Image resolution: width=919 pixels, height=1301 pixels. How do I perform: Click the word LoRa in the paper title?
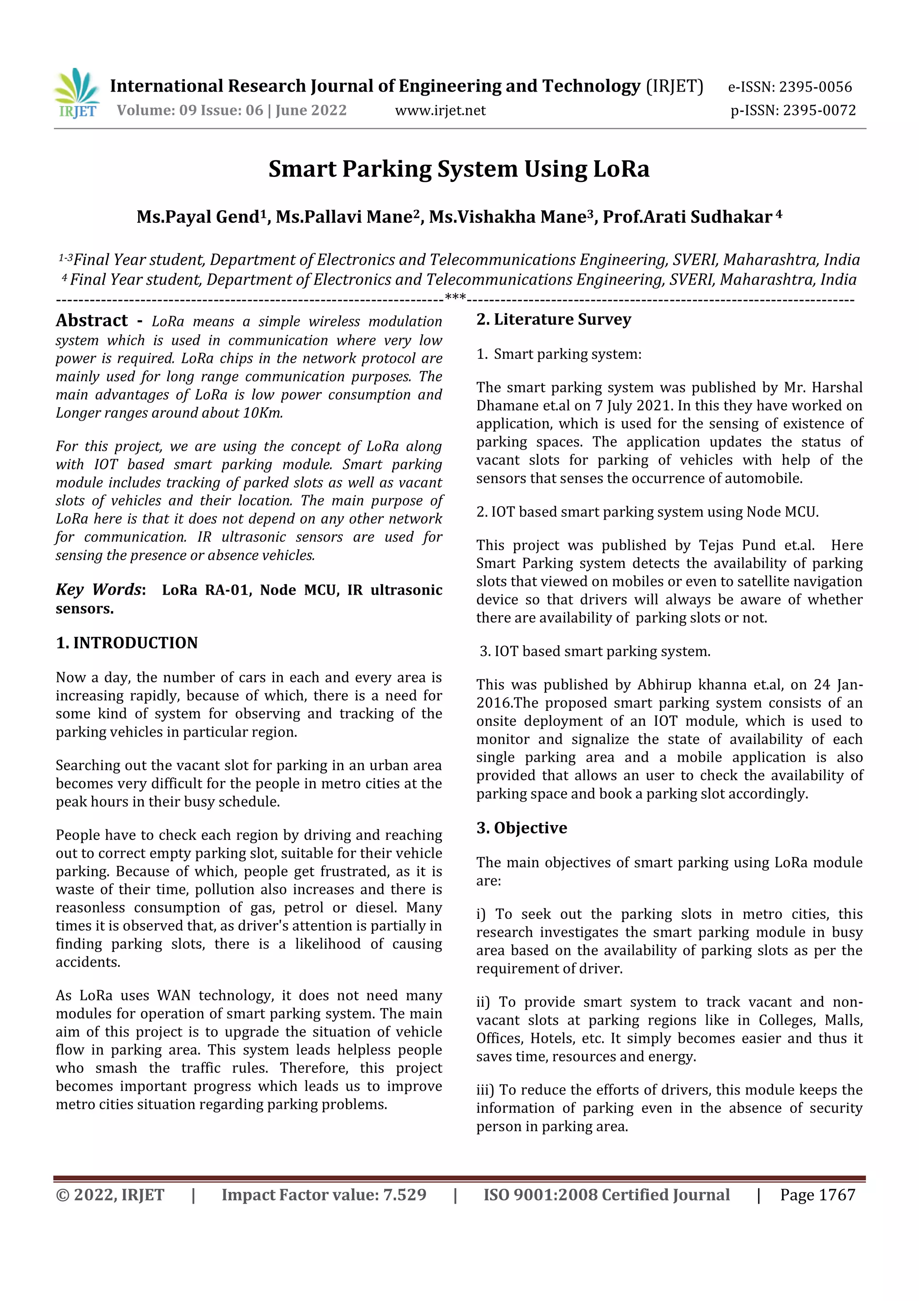coord(621,169)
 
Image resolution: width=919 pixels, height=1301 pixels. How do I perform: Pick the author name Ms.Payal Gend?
coord(197,217)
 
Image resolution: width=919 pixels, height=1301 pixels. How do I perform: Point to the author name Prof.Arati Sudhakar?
coord(687,217)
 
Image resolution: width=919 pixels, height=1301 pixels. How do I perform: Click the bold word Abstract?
coord(92,321)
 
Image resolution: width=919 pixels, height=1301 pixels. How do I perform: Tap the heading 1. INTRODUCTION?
coord(127,643)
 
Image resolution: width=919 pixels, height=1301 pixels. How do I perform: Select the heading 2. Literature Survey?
coord(553,320)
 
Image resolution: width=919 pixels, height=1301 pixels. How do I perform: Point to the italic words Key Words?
coord(98,590)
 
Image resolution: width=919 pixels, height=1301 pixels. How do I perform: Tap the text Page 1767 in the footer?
coord(817,1195)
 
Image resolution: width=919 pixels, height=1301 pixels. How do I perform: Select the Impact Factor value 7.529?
coord(404,1195)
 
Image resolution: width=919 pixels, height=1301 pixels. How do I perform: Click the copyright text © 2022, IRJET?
coord(110,1195)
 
